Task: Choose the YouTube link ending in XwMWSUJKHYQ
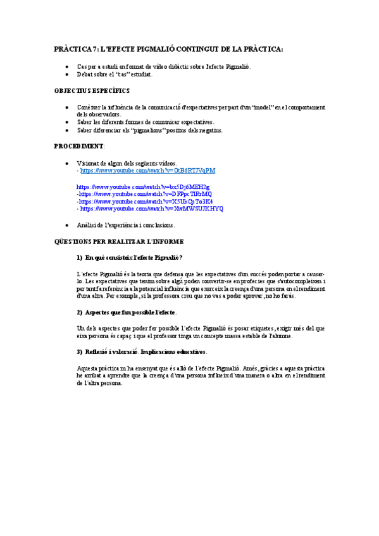pyautogui.click(x=151, y=208)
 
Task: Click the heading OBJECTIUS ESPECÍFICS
pyautogui.click(x=92, y=90)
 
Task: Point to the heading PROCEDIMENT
pyautogui.click(x=78, y=146)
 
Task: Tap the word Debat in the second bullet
pyautogui.click(x=85, y=74)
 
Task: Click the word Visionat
pyautogui.click(x=89, y=163)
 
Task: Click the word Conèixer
pyautogui.click(x=90, y=107)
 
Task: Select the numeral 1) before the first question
pyautogui.click(x=79, y=257)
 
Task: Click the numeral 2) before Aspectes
pyautogui.click(x=79, y=312)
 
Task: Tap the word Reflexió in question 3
pyautogui.click(x=97, y=351)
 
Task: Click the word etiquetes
pyautogui.click(x=252, y=328)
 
